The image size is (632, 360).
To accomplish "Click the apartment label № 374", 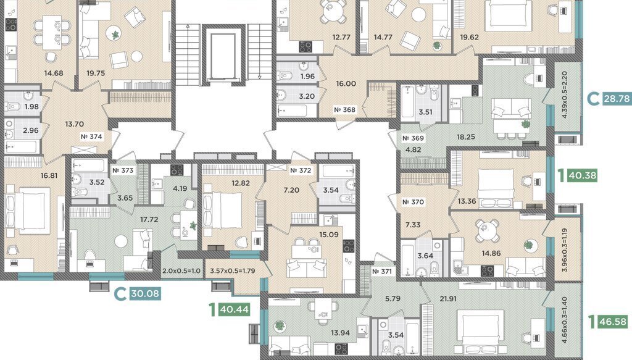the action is (x=91, y=136).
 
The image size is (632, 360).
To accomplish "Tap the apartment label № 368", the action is (x=344, y=110).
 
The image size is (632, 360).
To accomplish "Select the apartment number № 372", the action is (x=301, y=170).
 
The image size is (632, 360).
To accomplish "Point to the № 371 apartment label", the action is (x=381, y=271).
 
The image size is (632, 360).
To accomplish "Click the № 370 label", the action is (x=413, y=202).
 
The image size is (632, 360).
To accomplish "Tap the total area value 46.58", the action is (x=613, y=322).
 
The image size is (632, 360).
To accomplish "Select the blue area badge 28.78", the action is (x=615, y=98).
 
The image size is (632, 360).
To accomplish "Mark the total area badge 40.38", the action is (x=581, y=175).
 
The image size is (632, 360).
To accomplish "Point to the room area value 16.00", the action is (x=346, y=84).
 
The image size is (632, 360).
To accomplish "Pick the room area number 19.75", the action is (x=96, y=73).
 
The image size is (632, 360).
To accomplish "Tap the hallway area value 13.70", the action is (x=74, y=124).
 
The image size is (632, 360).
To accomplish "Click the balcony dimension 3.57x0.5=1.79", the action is (x=233, y=271).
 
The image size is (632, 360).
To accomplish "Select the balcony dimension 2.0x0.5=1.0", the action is (x=181, y=271).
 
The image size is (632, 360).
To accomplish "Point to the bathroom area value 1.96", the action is (x=307, y=77).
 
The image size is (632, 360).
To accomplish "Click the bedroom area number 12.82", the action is (x=241, y=183).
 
